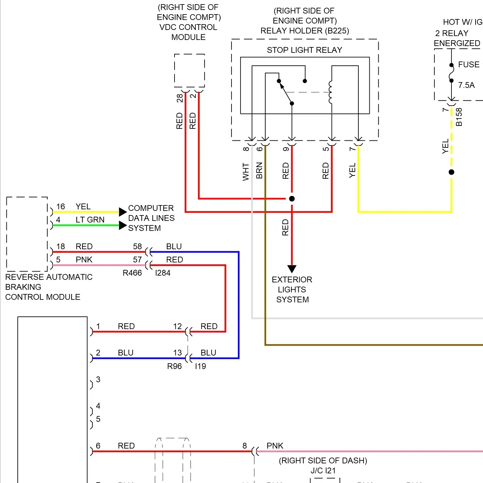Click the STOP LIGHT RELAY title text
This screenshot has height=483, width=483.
point(304,50)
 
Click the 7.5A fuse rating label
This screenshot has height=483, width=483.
point(466,85)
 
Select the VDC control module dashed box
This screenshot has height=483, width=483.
point(189,71)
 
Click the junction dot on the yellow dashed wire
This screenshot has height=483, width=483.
point(451,172)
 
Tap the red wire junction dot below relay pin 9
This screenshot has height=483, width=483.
point(292,199)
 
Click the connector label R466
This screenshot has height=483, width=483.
point(132,273)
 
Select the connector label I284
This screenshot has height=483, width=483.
point(163,273)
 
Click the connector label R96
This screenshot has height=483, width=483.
point(174,366)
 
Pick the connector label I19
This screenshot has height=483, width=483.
point(200,366)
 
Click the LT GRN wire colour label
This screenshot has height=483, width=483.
point(90,220)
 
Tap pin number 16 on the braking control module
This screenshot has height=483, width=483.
point(61,207)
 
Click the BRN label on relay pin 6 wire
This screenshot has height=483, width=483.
point(259,171)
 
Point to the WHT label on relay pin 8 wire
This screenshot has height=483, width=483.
point(246,172)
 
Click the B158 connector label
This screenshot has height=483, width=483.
point(459,117)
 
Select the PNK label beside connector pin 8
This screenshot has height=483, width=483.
point(275,446)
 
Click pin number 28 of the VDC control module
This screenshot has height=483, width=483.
point(179,98)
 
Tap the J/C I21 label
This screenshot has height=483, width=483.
point(323,471)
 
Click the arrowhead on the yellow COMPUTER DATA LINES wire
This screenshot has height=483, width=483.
point(123,212)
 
